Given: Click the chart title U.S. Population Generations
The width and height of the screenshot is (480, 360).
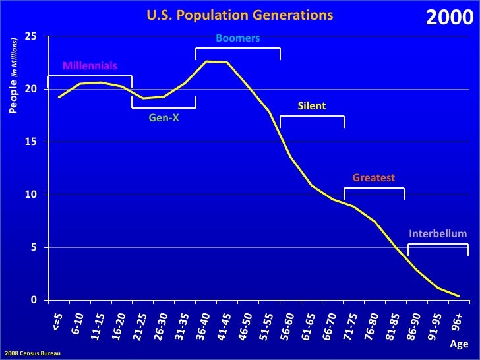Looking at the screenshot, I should point(239,15).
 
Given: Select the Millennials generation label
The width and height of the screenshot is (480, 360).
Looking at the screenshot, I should point(90,66).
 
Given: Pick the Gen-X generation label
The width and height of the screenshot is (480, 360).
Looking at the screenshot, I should point(164,117).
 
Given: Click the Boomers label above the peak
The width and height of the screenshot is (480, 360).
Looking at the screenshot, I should point(237,39).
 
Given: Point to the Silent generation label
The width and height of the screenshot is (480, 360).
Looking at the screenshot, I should point(312,106).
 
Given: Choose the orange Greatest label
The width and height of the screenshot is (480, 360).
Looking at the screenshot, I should point(373,178).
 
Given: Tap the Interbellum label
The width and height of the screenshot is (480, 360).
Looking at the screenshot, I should point(438,234).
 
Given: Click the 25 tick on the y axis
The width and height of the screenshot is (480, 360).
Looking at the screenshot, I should point(30,36).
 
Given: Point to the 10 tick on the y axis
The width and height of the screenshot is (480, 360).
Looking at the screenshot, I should point(30,195).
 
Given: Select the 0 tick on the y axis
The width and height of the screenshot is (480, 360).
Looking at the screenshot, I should point(33,301).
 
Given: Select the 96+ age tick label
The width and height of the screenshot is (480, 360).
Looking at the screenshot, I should point(457,321).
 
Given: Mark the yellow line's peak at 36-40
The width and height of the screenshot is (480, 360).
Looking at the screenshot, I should point(206,61).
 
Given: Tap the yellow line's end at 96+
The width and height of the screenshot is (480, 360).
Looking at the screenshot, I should point(459,296).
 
